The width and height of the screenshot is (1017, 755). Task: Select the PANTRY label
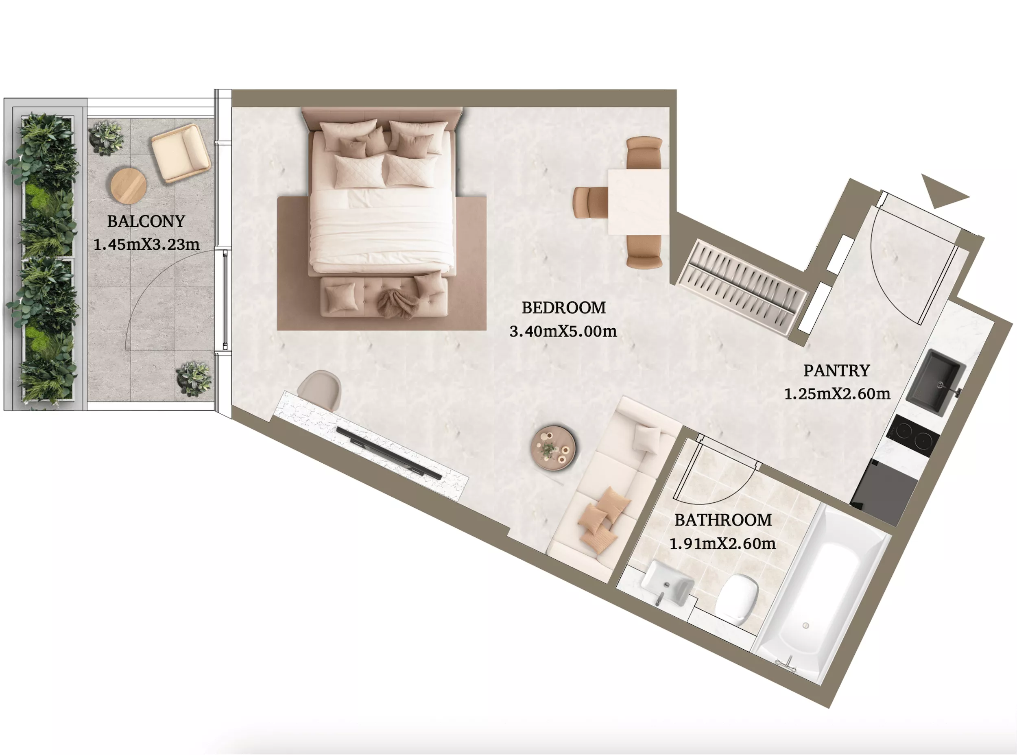pos(836,371)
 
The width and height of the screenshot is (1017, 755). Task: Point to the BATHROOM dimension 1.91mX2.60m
pos(722,544)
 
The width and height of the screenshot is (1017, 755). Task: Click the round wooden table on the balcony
pos(129,185)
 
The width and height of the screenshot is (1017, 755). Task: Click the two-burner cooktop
pos(912,436)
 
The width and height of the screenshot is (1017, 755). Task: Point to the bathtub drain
pos(806,626)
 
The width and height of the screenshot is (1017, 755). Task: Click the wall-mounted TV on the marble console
pos(389,453)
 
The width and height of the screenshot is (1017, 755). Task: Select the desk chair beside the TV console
pos(319,390)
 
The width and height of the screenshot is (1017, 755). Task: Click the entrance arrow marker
pos(943,191)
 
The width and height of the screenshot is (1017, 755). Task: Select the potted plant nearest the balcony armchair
pos(106,137)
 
